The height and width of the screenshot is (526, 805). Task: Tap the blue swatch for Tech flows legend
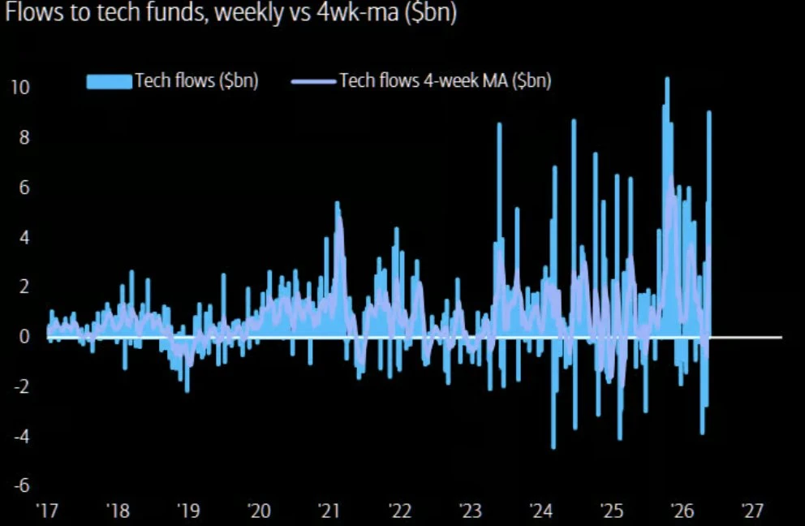[110, 82]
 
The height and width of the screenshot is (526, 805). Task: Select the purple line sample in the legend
[313, 81]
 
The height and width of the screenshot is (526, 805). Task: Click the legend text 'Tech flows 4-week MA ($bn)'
[446, 80]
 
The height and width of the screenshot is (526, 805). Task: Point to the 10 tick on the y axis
[20, 88]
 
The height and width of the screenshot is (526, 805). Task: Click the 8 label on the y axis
[24, 138]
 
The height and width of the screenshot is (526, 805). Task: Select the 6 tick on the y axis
[24, 188]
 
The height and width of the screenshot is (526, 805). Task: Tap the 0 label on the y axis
[24, 337]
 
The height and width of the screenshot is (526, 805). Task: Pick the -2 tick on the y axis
[22, 387]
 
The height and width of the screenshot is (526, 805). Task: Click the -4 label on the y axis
[22, 437]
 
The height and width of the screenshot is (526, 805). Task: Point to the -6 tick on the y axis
[22, 485]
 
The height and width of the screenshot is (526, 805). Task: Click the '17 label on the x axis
[47, 511]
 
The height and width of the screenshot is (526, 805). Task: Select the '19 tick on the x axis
[188, 511]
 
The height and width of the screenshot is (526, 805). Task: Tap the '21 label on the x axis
[329, 511]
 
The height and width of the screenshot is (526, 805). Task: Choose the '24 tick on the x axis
[541, 511]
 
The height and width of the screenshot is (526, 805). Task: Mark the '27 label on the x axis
[752, 511]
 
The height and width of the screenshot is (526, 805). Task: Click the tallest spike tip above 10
[667, 78]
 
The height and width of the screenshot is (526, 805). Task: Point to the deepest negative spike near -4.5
[553, 448]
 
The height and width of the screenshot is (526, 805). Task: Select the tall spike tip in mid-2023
[500, 124]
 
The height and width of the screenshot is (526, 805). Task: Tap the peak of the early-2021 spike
[338, 202]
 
